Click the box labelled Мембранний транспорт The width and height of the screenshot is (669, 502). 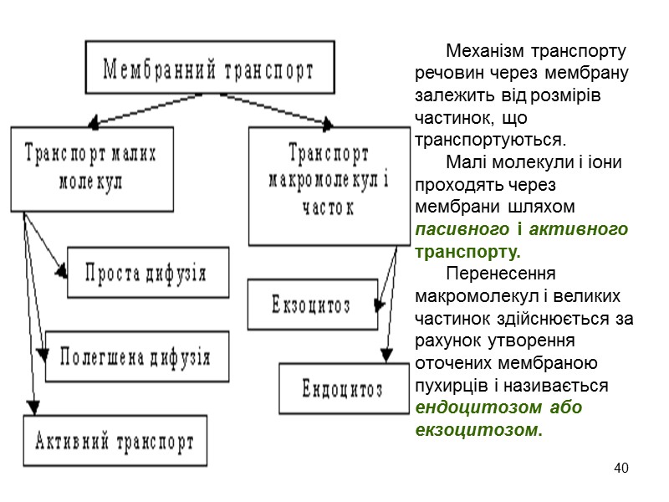point(208,69)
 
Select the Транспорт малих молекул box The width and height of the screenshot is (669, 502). point(92,168)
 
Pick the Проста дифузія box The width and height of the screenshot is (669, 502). point(148,272)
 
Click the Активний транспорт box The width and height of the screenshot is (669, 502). point(115,441)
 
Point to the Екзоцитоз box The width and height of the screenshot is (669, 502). point(313,305)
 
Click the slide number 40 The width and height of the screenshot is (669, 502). point(620,467)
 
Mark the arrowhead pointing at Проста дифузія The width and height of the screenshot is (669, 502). point(62,272)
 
